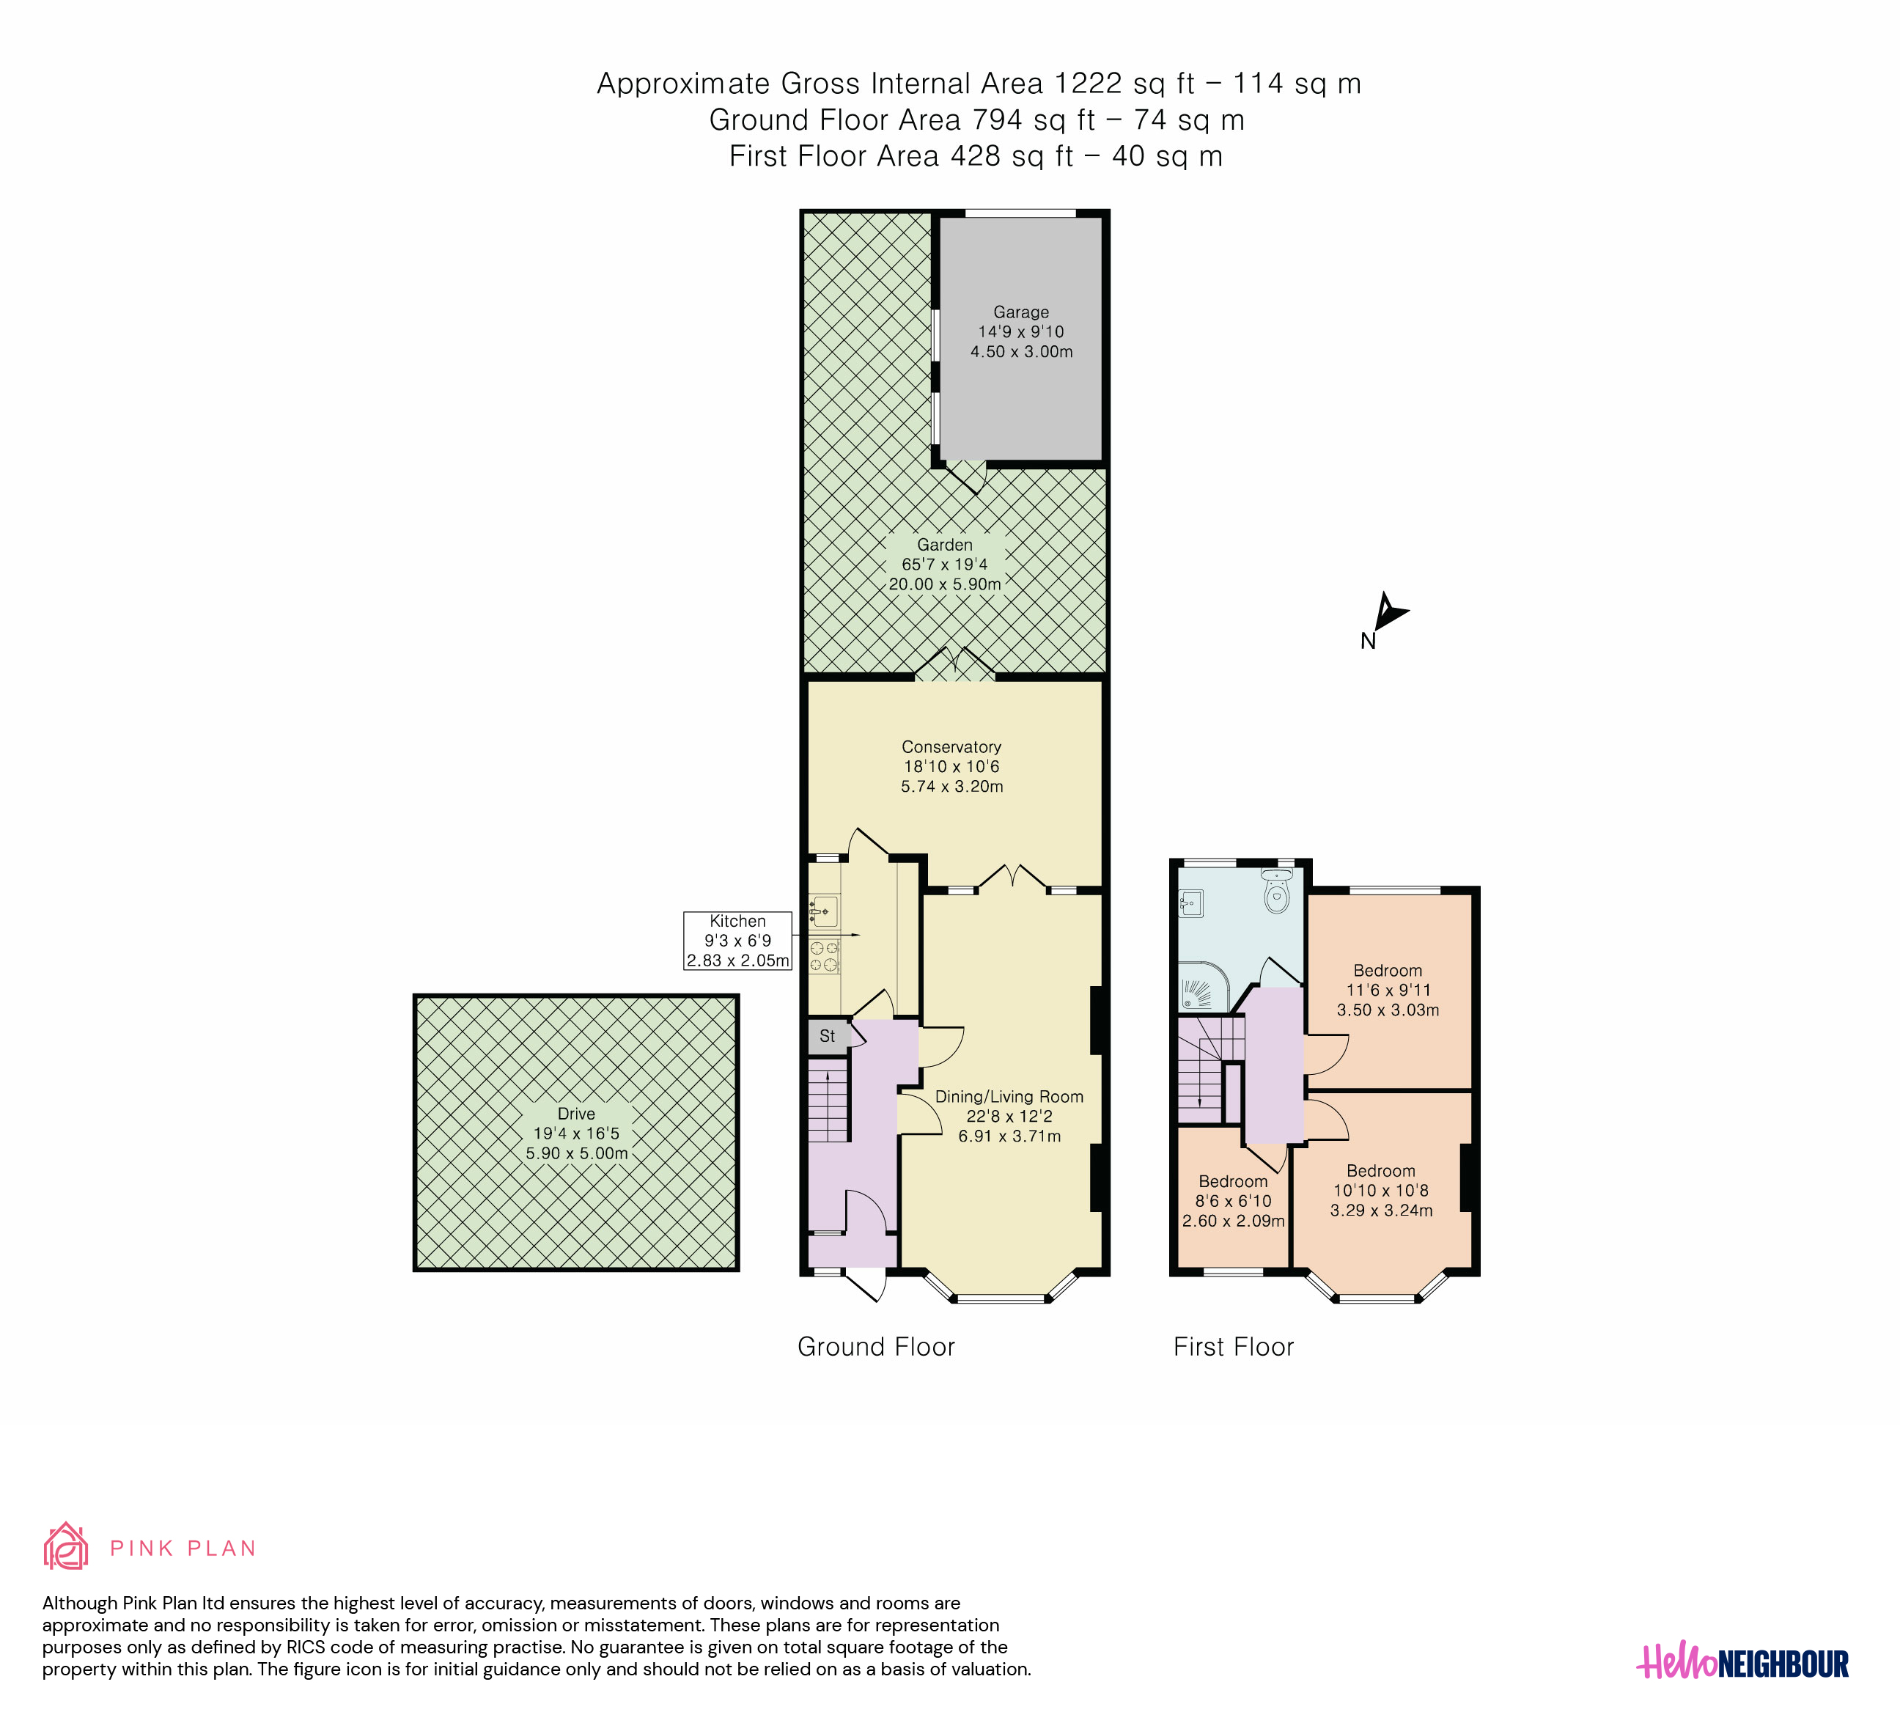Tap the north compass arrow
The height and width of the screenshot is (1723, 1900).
coord(1388,611)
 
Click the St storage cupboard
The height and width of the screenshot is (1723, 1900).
coord(827,1036)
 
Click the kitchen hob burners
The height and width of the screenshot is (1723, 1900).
coord(825,956)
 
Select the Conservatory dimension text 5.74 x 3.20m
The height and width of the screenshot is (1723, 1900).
coord(952,786)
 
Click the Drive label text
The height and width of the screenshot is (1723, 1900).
coord(576,1113)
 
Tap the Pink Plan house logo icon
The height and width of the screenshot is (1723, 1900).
coord(66,1547)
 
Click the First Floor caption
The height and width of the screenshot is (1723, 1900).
coord(1233,1347)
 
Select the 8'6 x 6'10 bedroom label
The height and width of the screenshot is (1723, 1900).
coord(1233,1201)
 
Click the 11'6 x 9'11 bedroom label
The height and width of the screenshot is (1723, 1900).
coord(1388,990)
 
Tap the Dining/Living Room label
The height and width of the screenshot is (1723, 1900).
coord(1009,1096)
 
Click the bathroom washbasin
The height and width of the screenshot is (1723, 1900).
coord(1190,904)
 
